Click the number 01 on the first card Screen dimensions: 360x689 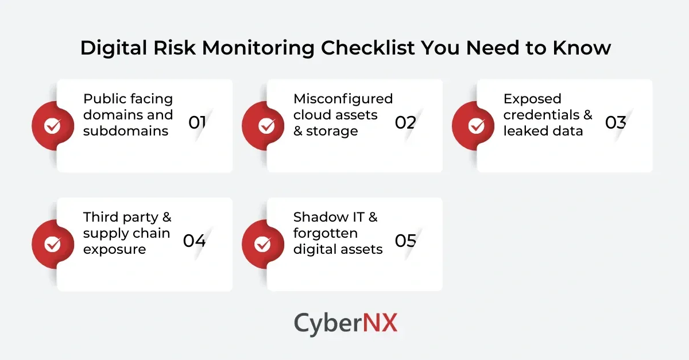coord(197,122)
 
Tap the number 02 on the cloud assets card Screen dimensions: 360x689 coord(405,122)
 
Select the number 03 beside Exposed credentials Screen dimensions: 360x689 coord(616,122)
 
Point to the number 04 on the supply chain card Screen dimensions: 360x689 coord(195,241)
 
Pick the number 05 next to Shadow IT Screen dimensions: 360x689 coord(405,241)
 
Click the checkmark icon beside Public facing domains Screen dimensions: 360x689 coord(53,126)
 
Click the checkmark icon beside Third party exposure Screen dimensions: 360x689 coord(53,244)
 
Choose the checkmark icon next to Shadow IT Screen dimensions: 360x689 coord(263,244)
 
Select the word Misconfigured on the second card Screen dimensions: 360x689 coord(343,99)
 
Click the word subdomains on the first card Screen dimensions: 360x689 coord(126,131)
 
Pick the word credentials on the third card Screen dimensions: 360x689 coord(541,115)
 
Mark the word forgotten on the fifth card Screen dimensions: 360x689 coord(326,233)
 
